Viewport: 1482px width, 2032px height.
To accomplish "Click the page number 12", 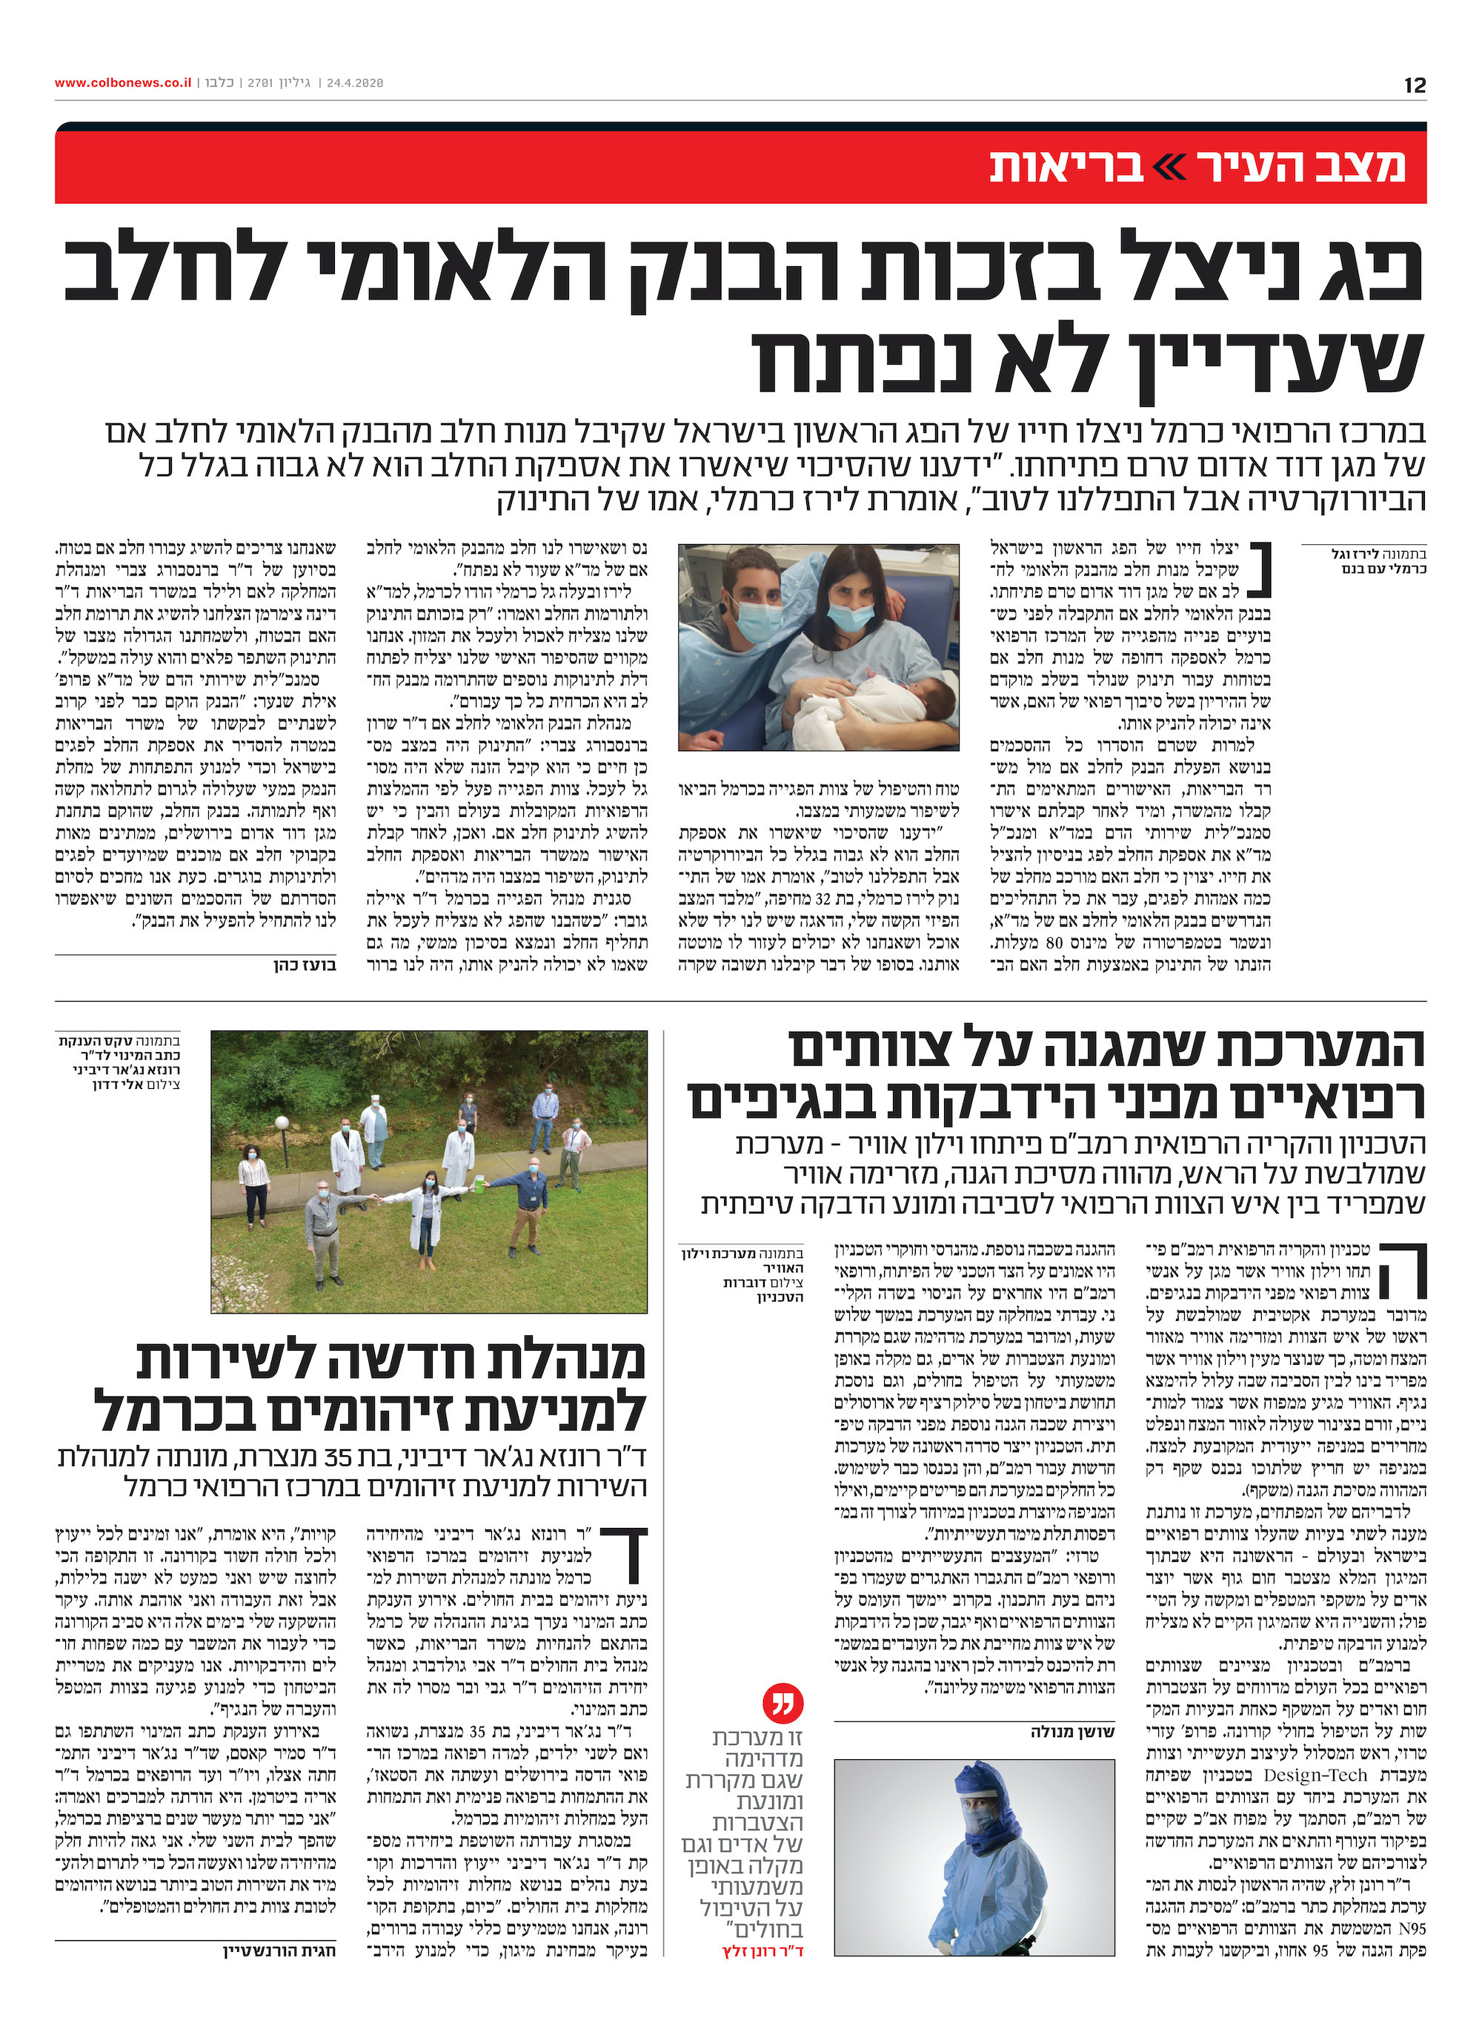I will click(1415, 85).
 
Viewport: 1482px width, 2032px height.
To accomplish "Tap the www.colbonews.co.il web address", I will click(122, 82).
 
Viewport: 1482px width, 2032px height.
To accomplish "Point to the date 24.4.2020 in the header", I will click(354, 82).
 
